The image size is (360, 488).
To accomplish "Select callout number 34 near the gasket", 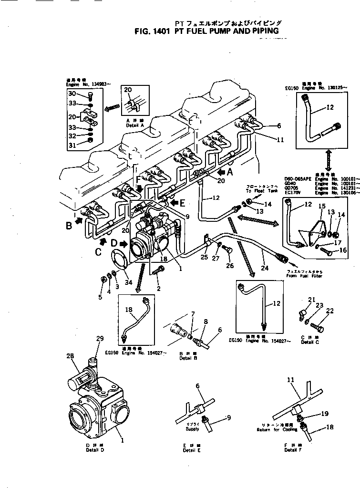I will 128,282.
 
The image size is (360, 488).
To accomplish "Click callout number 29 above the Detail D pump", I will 100,339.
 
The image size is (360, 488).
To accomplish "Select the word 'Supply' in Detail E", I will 193,429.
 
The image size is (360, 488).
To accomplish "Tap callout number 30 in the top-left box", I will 72,93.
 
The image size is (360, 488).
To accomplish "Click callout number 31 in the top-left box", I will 72,145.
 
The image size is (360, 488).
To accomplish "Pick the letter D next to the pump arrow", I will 114,244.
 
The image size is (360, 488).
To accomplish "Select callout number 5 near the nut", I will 100,297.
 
